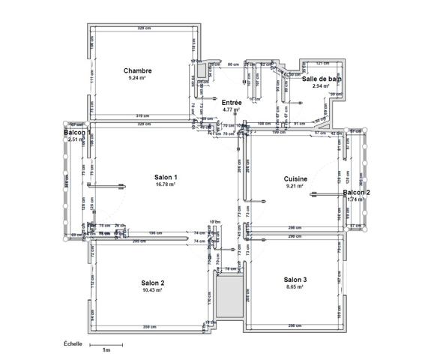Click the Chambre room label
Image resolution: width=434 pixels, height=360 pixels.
[x=138, y=70]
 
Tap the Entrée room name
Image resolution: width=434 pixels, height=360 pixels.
[x=232, y=102]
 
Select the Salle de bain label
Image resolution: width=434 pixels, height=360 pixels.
[x=322, y=79]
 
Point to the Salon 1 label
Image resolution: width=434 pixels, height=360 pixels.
[x=166, y=176]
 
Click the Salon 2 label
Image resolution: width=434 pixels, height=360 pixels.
[x=153, y=283]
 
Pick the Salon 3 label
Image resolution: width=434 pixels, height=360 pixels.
[x=295, y=279]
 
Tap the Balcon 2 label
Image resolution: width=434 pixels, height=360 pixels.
[x=357, y=193]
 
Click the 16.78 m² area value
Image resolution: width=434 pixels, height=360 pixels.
[x=166, y=184]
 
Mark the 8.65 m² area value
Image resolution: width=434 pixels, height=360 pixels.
[x=295, y=286]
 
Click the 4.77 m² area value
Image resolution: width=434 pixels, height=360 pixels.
[x=232, y=109]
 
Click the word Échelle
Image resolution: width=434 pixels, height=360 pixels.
[x=72, y=343]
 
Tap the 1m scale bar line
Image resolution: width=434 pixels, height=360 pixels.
[x=106, y=344]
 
